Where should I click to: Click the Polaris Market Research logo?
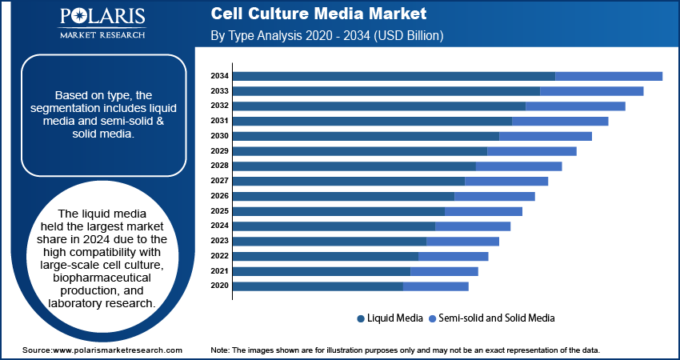point(102,24)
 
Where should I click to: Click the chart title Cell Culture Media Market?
point(319,14)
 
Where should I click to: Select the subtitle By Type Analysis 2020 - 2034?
point(326,36)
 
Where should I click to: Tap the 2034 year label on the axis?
point(220,76)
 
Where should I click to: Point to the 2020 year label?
point(220,286)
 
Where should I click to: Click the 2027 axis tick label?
point(220,181)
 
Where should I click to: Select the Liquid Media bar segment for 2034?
point(394,76)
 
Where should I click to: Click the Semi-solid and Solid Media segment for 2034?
point(609,76)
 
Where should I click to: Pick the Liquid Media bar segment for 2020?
point(318,286)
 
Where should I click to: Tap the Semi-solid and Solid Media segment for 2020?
point(436,286)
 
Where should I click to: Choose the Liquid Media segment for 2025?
point(338,211)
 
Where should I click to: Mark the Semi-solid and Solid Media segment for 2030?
point(546,136)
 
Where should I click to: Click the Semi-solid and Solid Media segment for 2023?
point(462,241)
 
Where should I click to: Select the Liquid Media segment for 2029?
point(360,151)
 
